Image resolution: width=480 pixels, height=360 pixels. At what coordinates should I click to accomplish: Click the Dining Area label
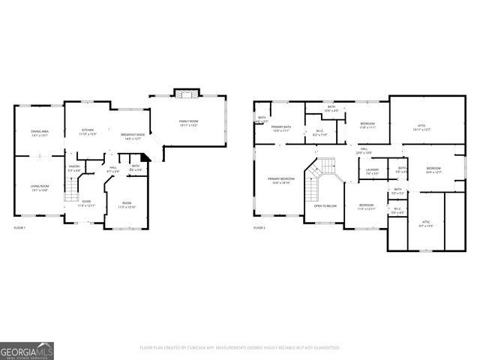[x=40, y=133]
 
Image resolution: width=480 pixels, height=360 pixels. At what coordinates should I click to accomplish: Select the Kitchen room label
[x=88, y=131]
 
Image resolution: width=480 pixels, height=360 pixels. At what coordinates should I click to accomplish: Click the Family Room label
[x=187, y=122]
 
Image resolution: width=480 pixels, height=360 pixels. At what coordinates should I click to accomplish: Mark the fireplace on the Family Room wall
[x=184, y=93]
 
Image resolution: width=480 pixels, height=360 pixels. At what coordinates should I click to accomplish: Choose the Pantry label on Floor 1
[x=74, y=167]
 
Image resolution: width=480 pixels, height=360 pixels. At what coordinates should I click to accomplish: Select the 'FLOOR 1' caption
[x=19, y=226]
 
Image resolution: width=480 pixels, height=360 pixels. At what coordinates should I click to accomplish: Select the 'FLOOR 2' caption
[x=259, y=226]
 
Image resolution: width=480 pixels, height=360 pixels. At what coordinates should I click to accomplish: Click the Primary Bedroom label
[x=281, y=180]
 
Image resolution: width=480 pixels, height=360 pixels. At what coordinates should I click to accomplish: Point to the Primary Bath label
[x=280, y=128]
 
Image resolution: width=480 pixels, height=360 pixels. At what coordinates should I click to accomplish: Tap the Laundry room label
[x=372, y=172]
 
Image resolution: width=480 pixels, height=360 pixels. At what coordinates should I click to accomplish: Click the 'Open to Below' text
[x=325, y=205]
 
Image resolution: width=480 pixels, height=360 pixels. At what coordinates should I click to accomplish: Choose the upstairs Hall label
[x=363, y=150]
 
